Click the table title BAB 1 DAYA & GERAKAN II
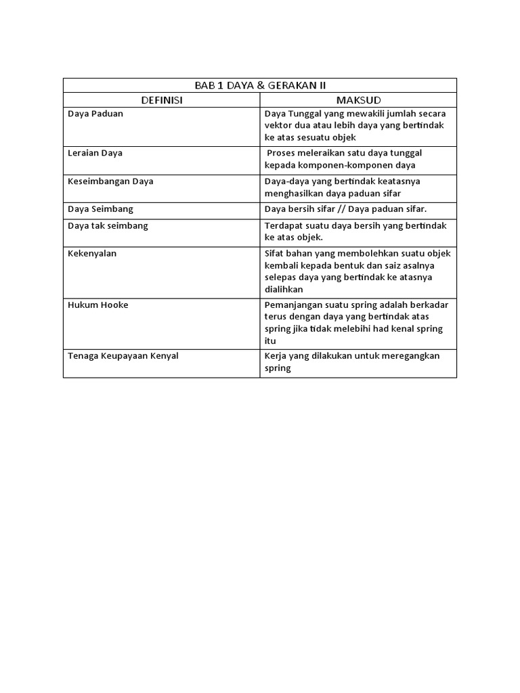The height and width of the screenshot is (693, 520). pos(260,85)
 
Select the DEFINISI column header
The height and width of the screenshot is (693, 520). pos(162,100)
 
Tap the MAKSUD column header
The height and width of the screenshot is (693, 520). pos(358,100)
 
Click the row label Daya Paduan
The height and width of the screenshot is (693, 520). pos(95,114)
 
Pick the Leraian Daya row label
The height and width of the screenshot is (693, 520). pos(95,153)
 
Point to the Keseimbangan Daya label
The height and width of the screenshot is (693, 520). pos(110,181)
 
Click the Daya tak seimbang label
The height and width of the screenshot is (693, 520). pos(107,225)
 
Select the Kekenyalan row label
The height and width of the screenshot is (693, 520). pos(92,253)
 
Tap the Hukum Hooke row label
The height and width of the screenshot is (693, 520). pos(97,305)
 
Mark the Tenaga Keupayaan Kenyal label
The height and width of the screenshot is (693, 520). pos(123,355)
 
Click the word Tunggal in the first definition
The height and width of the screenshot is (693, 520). pos(305,114)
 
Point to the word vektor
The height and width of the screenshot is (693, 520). pos(279,125)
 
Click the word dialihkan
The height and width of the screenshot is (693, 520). pos(284,289)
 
